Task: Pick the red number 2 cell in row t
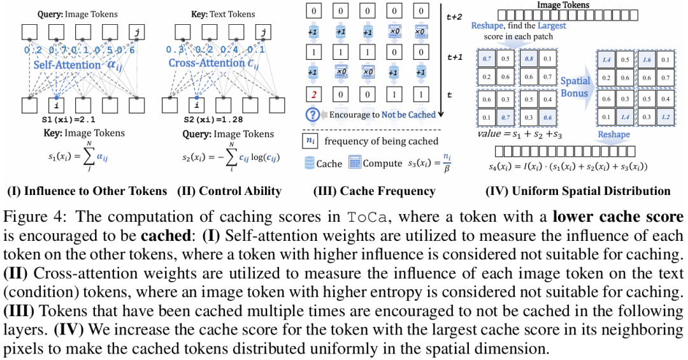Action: click(x=313, y=96)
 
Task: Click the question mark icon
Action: click(x=312, y=115)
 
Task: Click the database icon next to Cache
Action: click(x=309, y=163)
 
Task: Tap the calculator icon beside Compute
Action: click(x=354, y=163)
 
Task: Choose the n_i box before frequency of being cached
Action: click(x=310, y=141)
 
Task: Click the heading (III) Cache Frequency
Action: click(x=374, y=191)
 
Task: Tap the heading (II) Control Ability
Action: click(x=227, y=191)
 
